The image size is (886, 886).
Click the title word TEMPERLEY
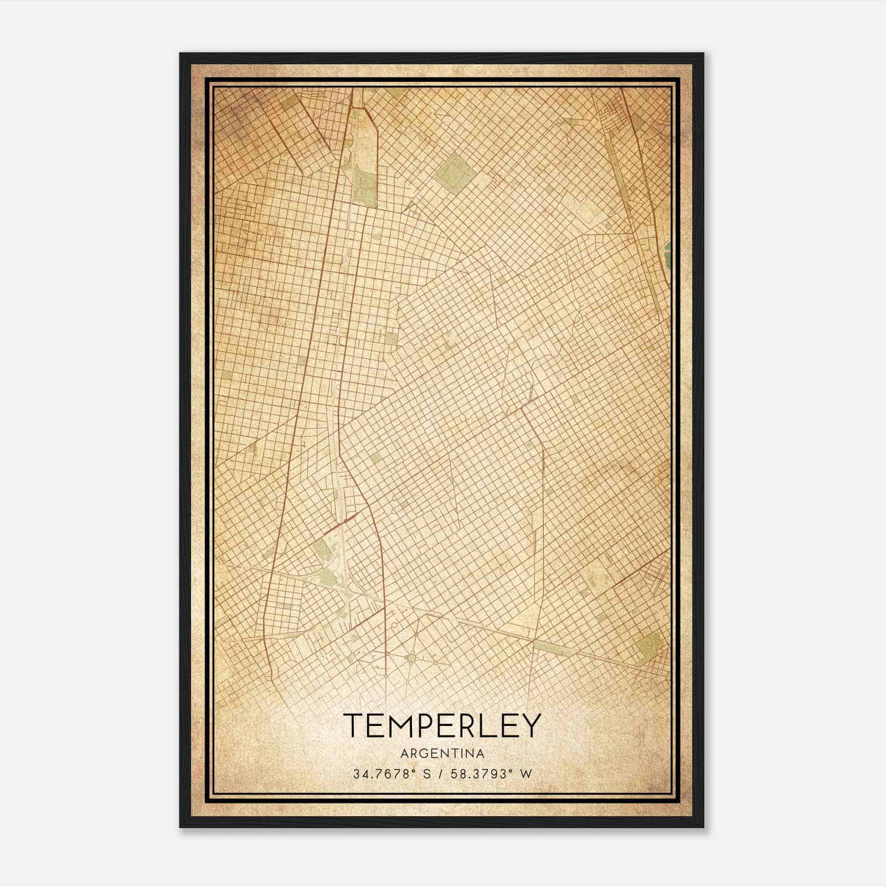[x=441, y=725]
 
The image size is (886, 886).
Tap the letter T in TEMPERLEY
[x=354, y=725]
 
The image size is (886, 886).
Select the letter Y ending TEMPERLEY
[x=530, y=725]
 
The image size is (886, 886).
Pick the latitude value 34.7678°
[x=383, y=774]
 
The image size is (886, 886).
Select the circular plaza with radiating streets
[x=411, y=657]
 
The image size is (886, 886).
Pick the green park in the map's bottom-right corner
[x=649, y=645]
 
